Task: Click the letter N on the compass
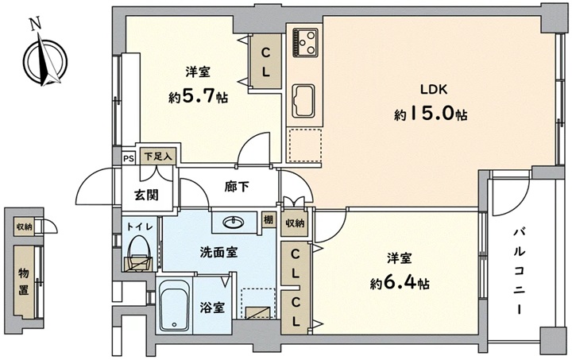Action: tap(36, 25)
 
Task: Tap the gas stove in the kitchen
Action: tap(305, 43)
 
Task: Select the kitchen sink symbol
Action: tap(303, 101)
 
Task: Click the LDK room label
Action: tap(434, 89)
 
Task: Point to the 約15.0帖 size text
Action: tap(431, 114)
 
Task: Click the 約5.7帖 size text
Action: tap(198, 96)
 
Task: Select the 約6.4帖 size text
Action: tap(400, 283)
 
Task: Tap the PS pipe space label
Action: tap(129, 159)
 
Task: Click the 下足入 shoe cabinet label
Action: tap(158, 157)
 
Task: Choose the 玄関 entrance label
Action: tap(147, 195)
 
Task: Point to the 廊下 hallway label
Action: tap(237, 187)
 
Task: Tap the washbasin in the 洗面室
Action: tap(233, 222)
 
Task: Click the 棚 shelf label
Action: tap(269, 220)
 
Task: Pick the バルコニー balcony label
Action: tap(520, 271)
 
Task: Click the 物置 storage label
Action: tap(24, 281)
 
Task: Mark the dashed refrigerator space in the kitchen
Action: tap(304, 145)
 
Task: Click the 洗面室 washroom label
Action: tap(219, 252)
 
